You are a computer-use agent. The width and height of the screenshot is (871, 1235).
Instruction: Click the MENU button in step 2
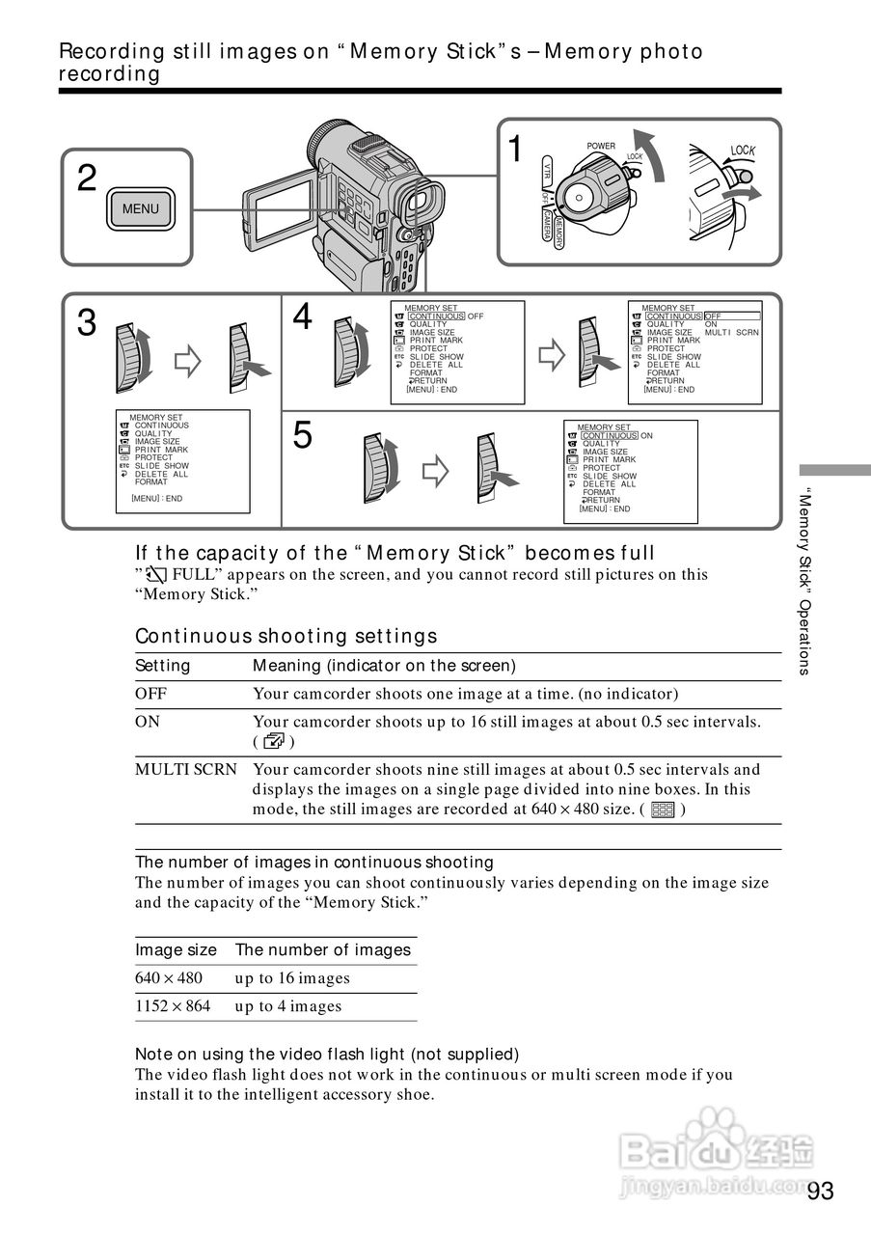tap(141, 208)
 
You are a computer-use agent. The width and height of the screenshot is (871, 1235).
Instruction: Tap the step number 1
tap(516, 151)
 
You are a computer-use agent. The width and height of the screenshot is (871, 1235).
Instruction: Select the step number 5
tap(303, 436)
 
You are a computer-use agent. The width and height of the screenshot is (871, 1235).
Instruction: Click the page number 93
tap(821, 1191)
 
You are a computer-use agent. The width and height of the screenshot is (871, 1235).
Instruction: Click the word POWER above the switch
tap(601, 147)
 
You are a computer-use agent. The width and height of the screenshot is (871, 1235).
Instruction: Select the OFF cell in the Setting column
tap(150, 694)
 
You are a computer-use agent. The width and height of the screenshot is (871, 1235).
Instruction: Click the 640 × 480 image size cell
tap(169, 978)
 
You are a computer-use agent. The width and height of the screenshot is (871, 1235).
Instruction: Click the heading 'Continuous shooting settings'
tap(286, 636)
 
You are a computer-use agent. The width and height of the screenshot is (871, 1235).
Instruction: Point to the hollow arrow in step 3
tap(187, 363)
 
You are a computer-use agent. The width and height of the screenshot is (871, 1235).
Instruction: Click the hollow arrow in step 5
tap(437, 471)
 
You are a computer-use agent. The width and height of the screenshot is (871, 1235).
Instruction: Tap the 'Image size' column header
tap(176, 950)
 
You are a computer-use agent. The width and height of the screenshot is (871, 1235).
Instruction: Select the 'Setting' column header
tap(163, 666)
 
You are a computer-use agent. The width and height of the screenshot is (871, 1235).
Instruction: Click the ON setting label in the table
tap(148, 722)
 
